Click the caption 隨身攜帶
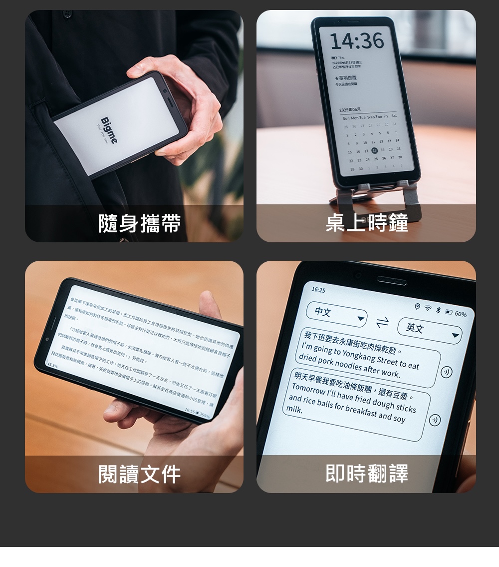tap(139, 223)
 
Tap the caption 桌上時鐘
tap(366, 223)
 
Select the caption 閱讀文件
tap(139, 474)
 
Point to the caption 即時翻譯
tap(366, 473)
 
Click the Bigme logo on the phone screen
tap(109, 130)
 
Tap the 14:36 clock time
tap(357, 41)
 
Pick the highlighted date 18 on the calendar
tap(374, 150)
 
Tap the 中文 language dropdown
tap(336, 314)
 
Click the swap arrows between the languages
tap(382, 323)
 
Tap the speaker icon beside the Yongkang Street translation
tap(447, 372)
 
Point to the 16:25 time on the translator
tap(318, 290)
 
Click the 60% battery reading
tap(460, 314)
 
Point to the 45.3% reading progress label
tap(52, 366)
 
